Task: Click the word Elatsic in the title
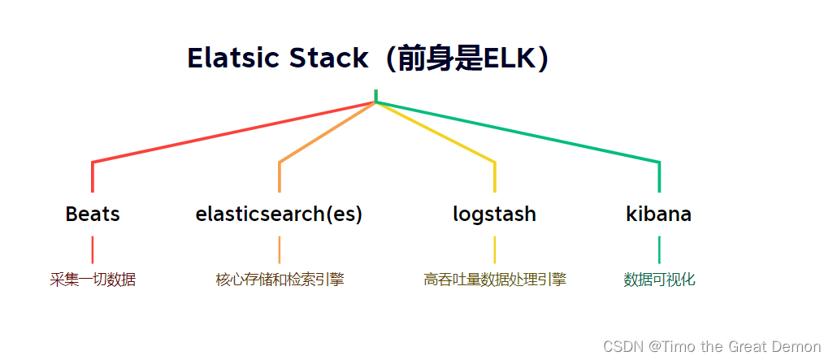click(x=232, y=58)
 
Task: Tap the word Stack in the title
click(x=328, y=58)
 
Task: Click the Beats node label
click(x=93, y=214)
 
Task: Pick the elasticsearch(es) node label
click(x=279, y=215)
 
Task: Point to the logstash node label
click(x=495, y=215)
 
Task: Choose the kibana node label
click(x=659, y=214)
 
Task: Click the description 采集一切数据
click(x=93, y=280)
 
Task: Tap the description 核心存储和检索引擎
click(x=280, y=280)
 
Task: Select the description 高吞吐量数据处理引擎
click(x=495, y=280)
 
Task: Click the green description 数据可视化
click(x=659, y=280)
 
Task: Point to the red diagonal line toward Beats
click(x=234, y=132)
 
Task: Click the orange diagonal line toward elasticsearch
click(x=328, y=132)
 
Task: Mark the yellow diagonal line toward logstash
click(x=436, y=132)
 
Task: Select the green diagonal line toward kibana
click(x=518, y=132)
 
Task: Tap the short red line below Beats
click(x=93, y=249)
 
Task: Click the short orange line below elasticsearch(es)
click(x=280, y=249)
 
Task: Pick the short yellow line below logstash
click(x=495, y=249)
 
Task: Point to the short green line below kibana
click(x=659, y=249)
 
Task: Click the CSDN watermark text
click(x=712, y=347)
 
